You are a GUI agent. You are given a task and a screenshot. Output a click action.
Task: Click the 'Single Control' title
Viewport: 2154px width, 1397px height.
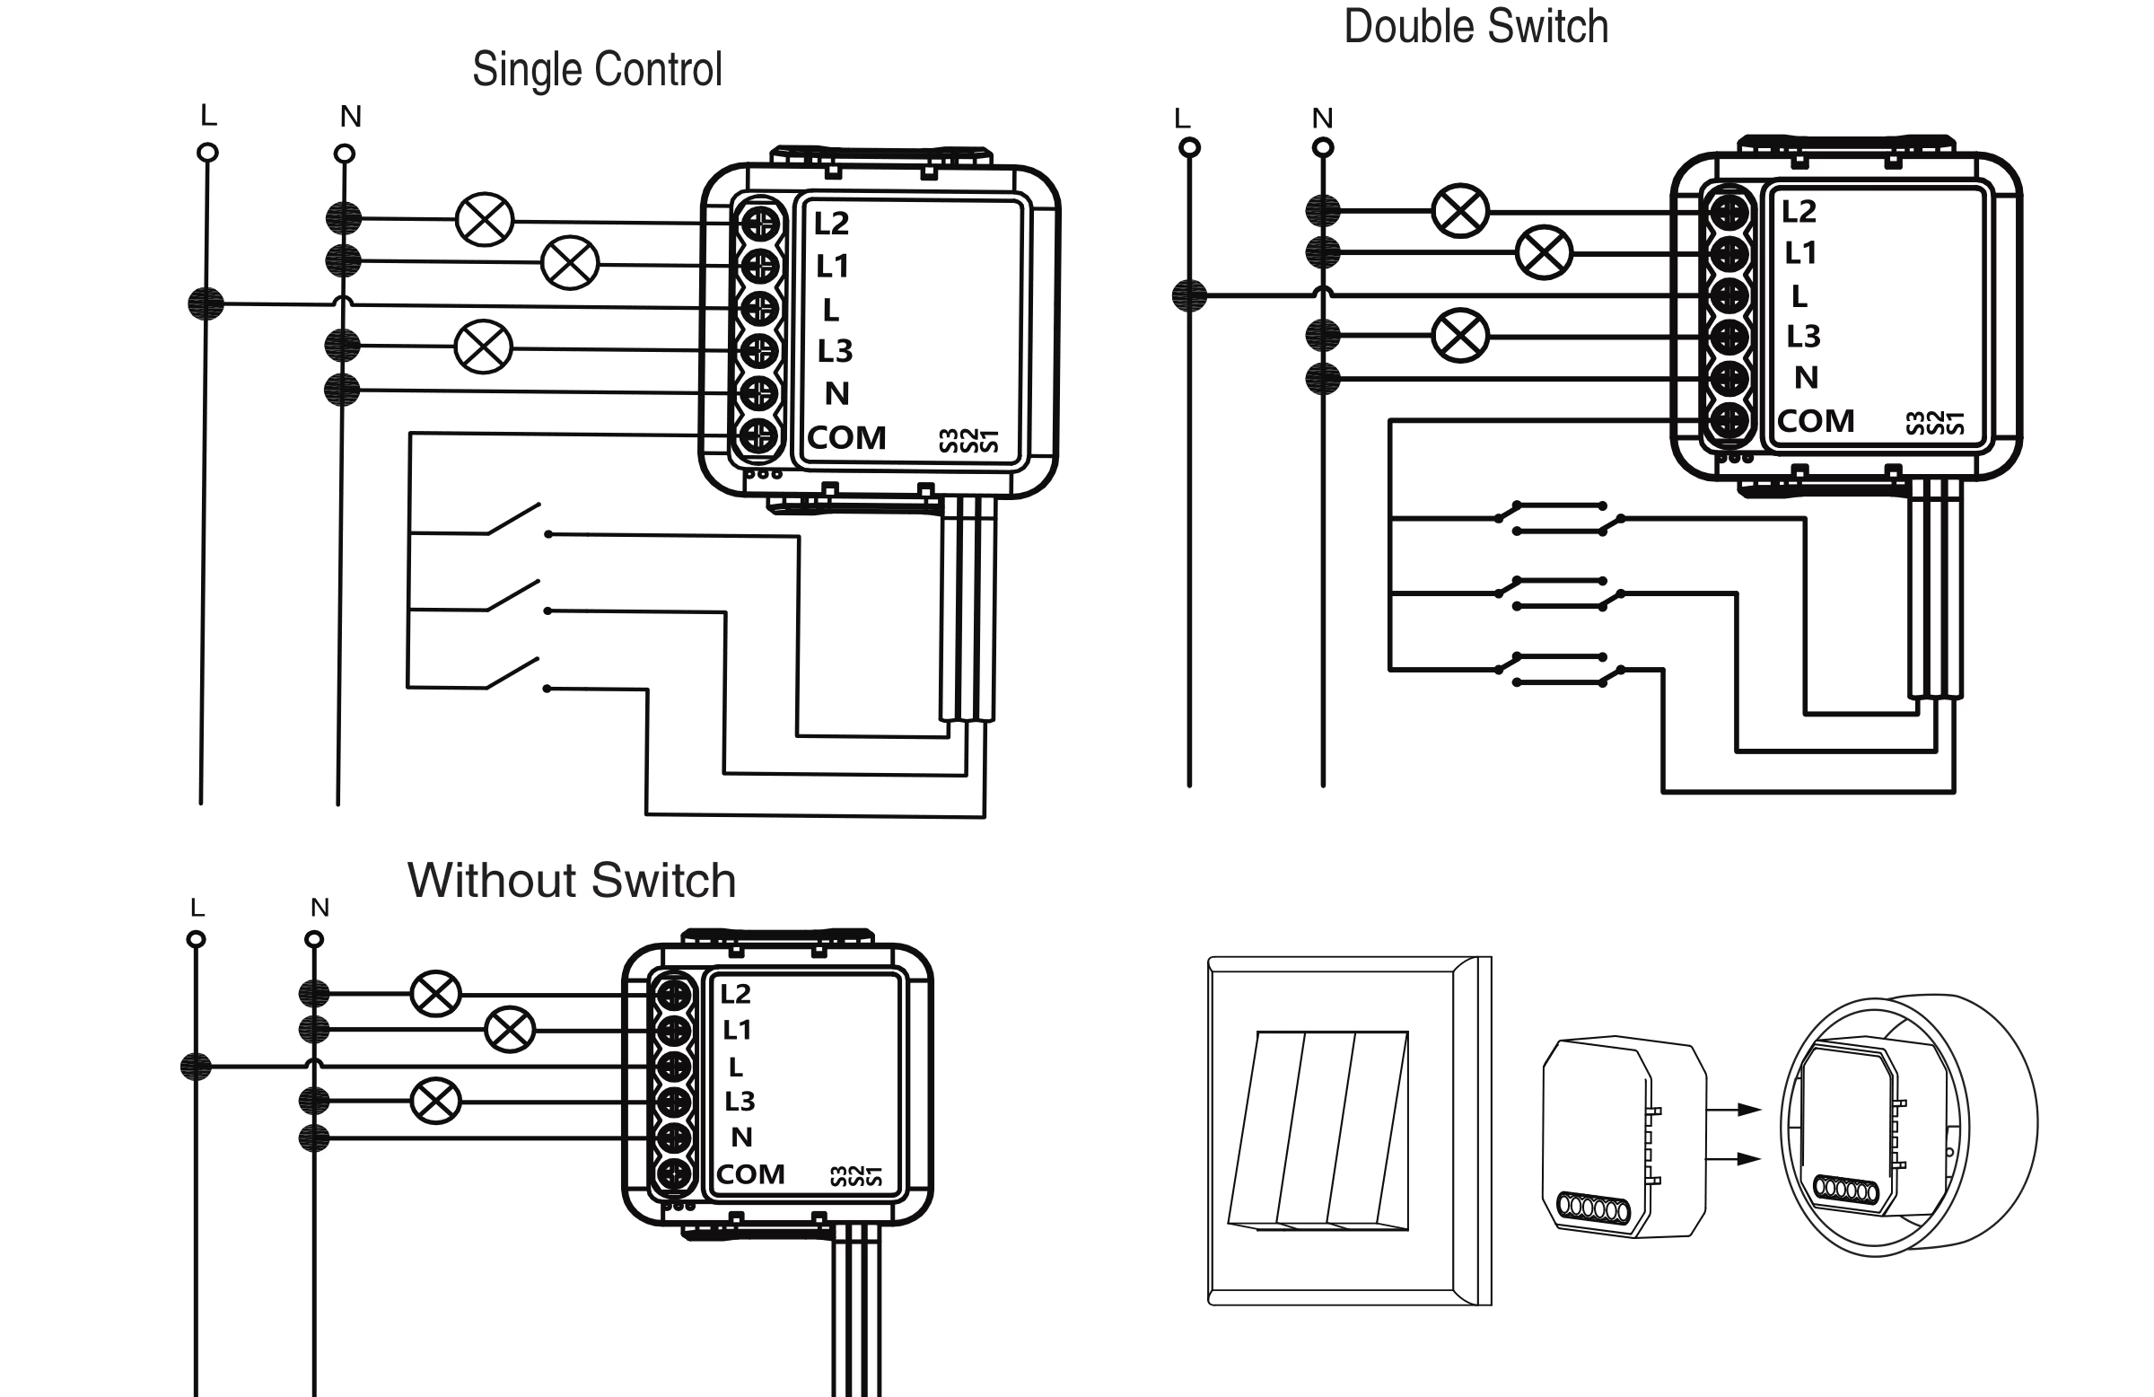click(598, 70)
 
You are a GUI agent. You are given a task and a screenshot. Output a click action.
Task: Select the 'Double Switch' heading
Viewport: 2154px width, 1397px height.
click(1476, 26)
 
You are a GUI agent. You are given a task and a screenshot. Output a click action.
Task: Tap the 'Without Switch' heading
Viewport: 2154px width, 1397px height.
click(571, 880)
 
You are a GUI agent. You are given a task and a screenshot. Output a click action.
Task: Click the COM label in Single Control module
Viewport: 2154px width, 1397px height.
click(847, 438)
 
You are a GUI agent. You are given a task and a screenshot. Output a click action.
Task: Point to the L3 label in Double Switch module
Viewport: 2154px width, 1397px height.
click(1803, 337)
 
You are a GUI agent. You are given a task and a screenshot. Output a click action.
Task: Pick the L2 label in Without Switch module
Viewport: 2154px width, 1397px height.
click(735, 994)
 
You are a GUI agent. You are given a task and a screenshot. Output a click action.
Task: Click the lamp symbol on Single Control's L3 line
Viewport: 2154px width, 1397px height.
click(483, 347)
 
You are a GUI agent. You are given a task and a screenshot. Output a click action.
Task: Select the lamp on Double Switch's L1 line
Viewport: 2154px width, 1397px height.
click(1544, 252)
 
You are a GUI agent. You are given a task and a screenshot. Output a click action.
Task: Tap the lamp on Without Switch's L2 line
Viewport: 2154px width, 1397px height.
click(435, 993)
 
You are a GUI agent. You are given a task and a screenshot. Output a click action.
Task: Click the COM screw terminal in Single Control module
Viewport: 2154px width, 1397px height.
click(759, 436)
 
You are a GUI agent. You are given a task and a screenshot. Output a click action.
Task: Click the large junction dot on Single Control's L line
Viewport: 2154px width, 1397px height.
click(206, 303)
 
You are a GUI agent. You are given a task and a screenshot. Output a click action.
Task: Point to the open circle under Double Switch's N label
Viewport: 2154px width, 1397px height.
click(1322, 147)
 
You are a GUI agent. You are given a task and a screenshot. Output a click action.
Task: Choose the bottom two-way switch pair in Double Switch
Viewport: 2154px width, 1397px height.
click(1558, 670)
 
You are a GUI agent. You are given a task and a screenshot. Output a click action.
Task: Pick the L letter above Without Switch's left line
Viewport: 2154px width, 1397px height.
click(197, 907)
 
